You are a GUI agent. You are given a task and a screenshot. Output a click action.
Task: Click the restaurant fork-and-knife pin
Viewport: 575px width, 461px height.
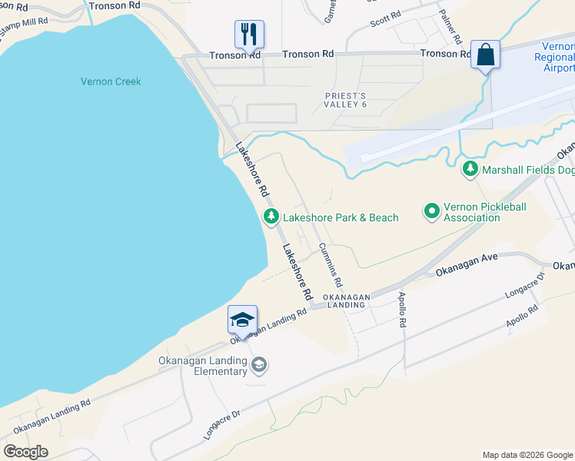249,34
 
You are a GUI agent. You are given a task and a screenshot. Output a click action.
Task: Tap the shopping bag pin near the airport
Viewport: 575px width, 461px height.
485,55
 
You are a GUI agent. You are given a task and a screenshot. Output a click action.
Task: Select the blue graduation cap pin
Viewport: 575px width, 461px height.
242,319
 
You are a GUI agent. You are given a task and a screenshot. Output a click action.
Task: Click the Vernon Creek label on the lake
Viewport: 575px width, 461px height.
111,81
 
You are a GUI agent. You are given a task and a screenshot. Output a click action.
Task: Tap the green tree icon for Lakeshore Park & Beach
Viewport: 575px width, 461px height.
271,217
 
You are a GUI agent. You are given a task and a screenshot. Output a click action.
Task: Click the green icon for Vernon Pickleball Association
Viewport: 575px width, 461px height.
432,210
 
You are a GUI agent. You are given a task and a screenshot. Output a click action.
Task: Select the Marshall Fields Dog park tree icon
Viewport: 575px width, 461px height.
470,168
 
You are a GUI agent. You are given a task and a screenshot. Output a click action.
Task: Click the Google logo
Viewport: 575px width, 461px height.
26,451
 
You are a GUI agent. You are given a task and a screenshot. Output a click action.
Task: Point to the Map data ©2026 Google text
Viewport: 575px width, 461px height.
527,455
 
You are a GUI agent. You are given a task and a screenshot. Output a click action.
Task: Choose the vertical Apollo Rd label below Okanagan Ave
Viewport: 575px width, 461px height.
401,310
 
